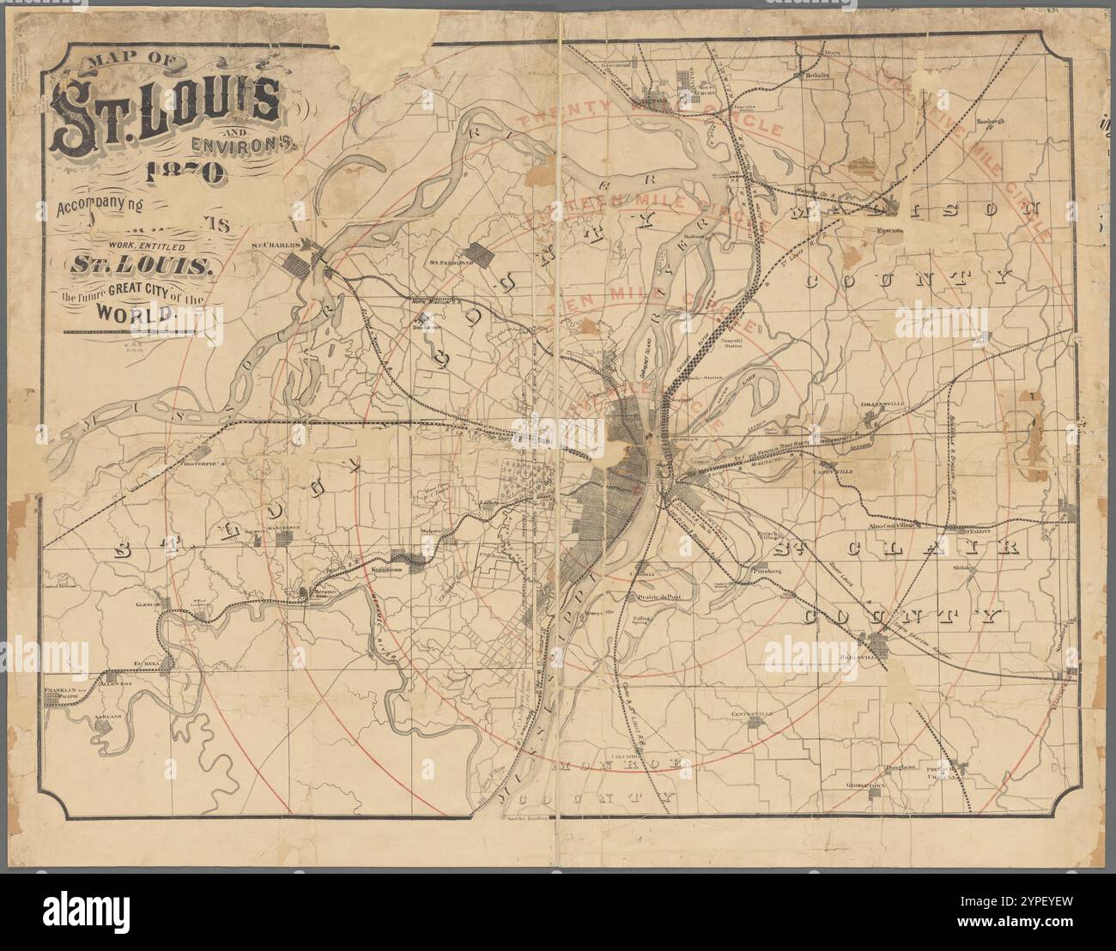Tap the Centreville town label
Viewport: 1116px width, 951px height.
click(x=753, y=714)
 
